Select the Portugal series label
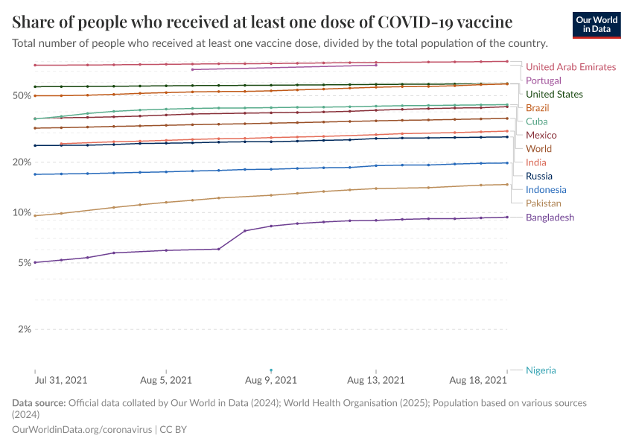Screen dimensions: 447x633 coord(543,80)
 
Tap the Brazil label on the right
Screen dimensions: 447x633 coord(537,108)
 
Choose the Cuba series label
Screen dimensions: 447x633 coord(536,121)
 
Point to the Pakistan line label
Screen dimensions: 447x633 coord(543,203)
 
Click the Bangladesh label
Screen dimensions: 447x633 coord(550,217)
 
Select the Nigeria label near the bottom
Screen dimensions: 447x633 coord(541,370)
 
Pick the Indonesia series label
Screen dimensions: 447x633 coord(546,189)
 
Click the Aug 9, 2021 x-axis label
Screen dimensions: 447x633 coord(272,380)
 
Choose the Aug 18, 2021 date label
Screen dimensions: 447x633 coord(478,380)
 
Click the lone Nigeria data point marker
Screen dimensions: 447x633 coord(271,370)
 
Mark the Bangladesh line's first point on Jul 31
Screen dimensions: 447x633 coord(35,262)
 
